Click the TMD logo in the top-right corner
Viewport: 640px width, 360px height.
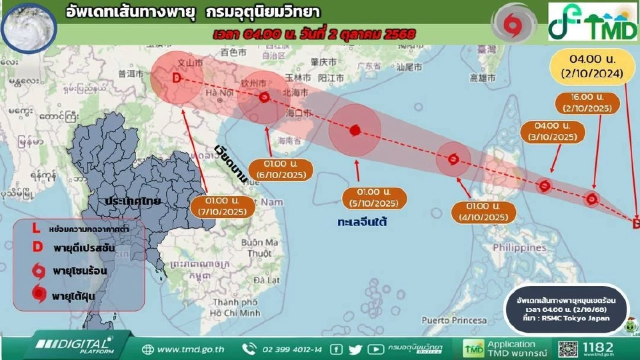tap(591, 21)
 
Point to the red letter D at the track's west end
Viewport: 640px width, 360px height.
tap(176, 78)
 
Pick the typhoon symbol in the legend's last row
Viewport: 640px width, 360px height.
tap(39, 294)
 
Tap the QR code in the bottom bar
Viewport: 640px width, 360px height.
tap(568, 349)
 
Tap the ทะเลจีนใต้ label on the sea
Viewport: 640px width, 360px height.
tap(363, 221)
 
